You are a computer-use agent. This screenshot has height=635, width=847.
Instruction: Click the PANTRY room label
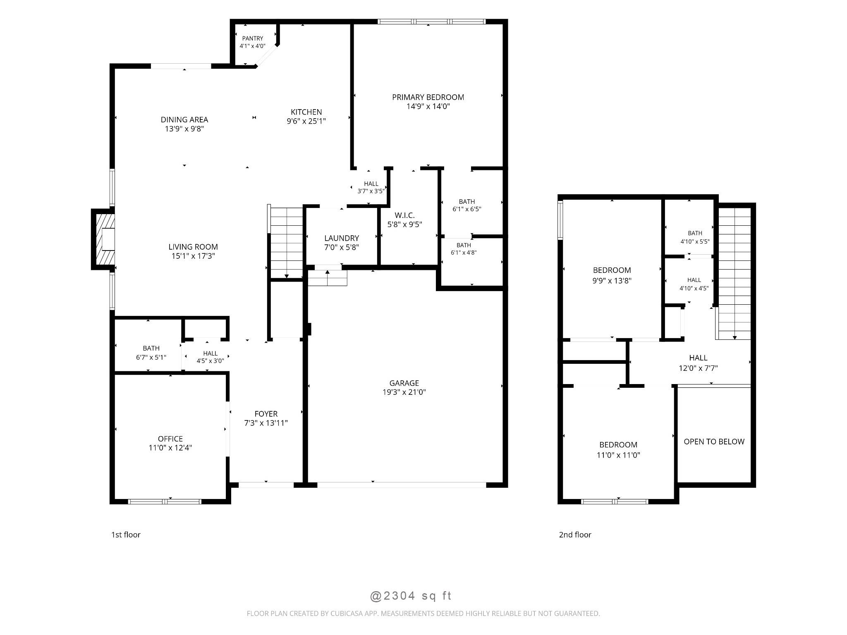click(x=252, y=38)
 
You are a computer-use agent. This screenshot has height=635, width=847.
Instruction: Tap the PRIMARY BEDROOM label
click(x=428, y=97)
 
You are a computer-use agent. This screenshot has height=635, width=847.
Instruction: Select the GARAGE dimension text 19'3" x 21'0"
click(x=404, y=392)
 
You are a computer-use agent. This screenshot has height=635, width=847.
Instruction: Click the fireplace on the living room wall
click(x=103, y=239)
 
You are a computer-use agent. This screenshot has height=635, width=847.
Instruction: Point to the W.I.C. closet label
click(x=404, y=215)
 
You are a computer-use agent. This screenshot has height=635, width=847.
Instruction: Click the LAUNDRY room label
click(x=342, y=238)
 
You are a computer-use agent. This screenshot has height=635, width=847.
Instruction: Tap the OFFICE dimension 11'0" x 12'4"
click(x=170, y=447)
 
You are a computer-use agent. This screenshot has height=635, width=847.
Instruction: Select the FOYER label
click(x=266, y=414)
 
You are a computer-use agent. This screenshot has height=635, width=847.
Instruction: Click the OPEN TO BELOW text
click(x=714, y=442)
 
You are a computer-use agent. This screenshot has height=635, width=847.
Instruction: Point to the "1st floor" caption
click(x=126, y=535)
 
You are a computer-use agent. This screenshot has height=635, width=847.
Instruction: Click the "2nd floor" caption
click(x=575, y=535)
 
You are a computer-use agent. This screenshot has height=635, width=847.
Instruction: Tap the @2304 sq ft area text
click(x=410, y=596)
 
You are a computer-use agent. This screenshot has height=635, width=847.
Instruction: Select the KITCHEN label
click(x=306, y=112)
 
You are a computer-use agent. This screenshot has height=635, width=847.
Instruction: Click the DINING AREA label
click(x=184, y=120)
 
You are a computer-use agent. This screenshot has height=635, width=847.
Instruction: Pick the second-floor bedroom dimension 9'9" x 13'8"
click(x=612, y=280)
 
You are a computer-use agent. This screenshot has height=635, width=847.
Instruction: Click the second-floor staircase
click(x=734, y=273)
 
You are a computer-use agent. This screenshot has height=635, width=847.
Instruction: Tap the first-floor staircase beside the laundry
click(x=286, y=243)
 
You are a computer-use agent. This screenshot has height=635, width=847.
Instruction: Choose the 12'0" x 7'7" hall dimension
click(x=698, y=368)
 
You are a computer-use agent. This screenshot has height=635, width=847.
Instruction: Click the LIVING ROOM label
click(x=193, y=247)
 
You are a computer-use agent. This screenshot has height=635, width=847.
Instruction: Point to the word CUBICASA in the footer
click(x=346, y=614)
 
